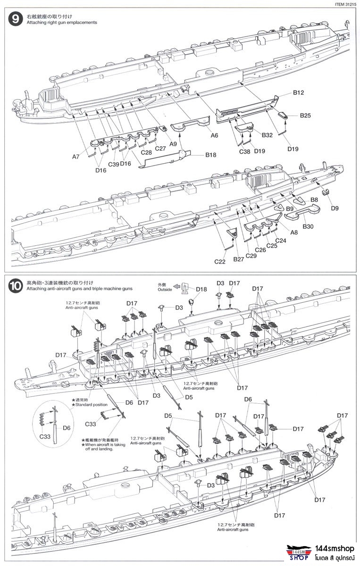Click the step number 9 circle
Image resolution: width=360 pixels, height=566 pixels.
coord(16,20)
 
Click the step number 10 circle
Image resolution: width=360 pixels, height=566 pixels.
coord(16,285)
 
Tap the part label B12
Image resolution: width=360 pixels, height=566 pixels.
coord(298,93)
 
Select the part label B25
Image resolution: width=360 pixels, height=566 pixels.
coord(306,115)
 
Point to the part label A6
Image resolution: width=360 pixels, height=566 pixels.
coord(214,135)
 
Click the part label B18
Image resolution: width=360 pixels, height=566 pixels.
coord(210,155)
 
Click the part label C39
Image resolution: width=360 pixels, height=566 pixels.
coord(113,164)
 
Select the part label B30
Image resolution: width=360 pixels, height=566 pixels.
coord(308,226)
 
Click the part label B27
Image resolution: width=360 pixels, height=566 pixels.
coord(239,259)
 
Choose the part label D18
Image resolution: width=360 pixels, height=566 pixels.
coord(201,289)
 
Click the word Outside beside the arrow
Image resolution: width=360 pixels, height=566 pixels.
coord(165,290)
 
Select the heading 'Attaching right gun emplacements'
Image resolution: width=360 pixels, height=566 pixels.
coord(62,23)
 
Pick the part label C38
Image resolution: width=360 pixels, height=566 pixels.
coord(244,151)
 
